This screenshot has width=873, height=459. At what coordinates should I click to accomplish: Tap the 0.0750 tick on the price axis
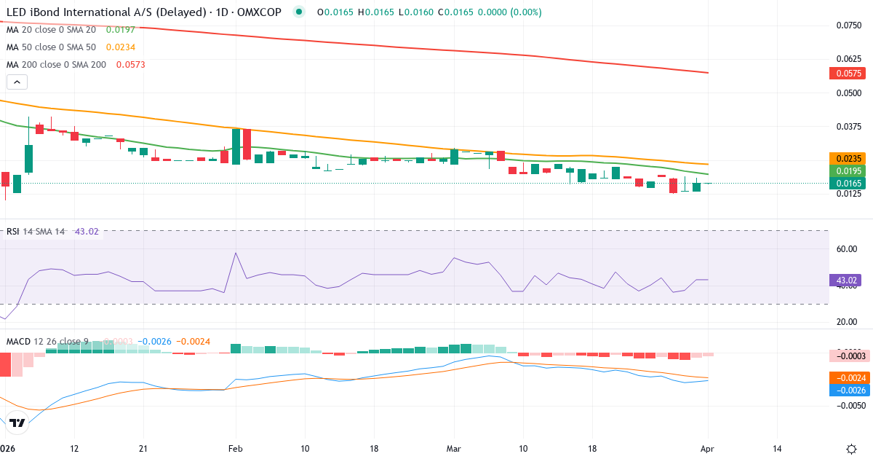tap(848, 25)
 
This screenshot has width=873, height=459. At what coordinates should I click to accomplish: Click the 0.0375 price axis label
tap(848, 126)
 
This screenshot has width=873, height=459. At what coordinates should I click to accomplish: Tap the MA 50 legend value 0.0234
tap(120, 47)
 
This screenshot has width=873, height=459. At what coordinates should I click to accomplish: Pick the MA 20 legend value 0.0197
tap(120, 30)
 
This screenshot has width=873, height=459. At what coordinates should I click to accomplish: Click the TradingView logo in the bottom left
tap(18, 423)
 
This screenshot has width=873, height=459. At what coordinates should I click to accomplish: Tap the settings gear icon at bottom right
tap(851, 449)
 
